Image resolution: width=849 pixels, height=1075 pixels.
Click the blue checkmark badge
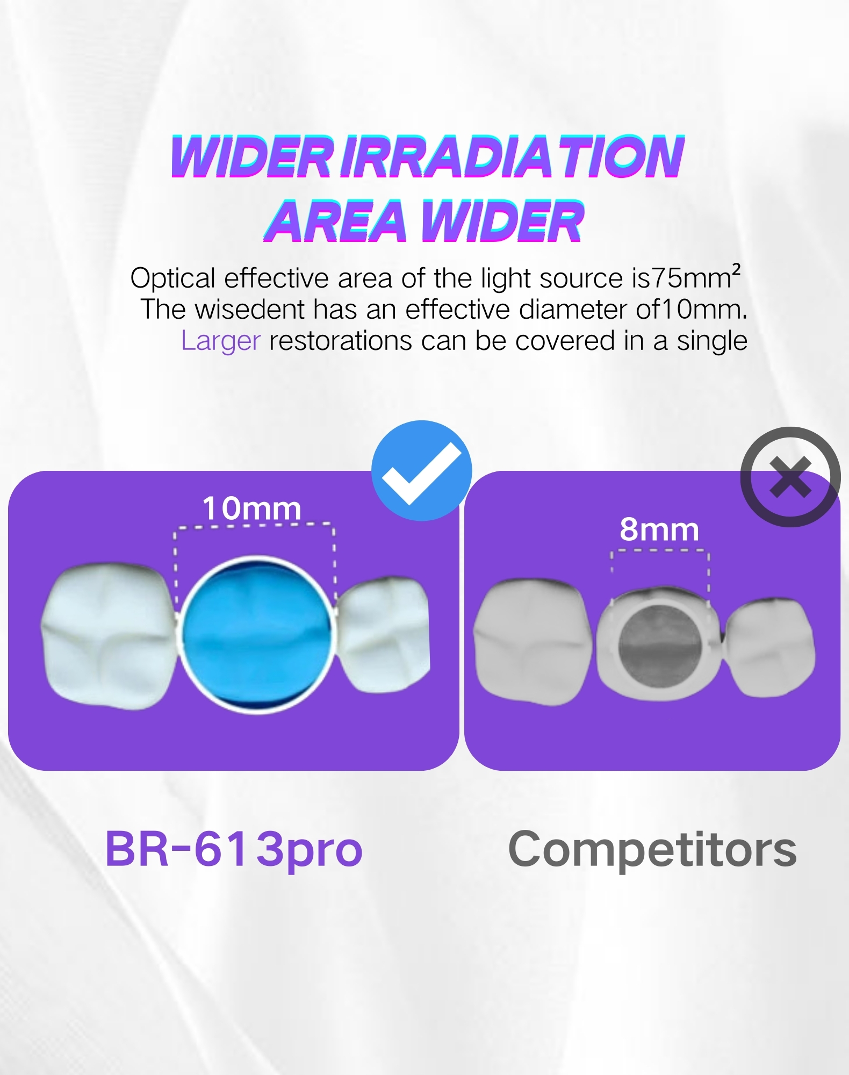[x=422, y=470]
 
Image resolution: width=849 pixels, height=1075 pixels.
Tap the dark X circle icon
[x=790, y=477]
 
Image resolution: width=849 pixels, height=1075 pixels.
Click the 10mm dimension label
[x=251, y=508]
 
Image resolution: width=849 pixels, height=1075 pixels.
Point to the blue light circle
[x=256, y=635]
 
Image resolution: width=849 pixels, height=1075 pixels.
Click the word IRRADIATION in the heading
[x=512, y=156]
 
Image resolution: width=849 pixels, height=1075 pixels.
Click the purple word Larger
[x=221, y=341]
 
